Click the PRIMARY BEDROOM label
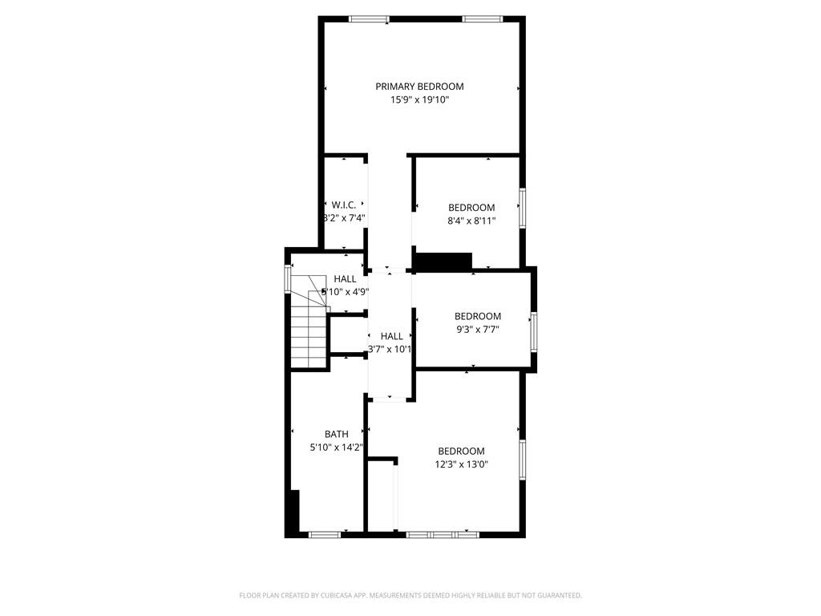pyautogui.click(x=419, y=87)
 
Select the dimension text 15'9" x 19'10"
pyautogui.click(x=419, y=100)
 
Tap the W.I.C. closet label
pyautogui.click(x=344, y=205)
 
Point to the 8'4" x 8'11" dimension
pyautogui.click(x=471, y=221)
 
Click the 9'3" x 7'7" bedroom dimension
pyautogui.click(x=477, y=329)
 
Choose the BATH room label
pyautogui.click(x=336, y=434)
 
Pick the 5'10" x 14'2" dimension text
pyautogui.click(x=336, y=448)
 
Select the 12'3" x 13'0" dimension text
pyautogui.click(x=461, y=464)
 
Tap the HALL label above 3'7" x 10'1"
pyautogui.click(x=391, y=336)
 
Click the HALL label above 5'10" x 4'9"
pyautogui.click(x=346, y=279)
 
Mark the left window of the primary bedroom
pyautogui.click(x=369, y=19)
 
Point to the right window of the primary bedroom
pyautogui.click(x=482, y=19)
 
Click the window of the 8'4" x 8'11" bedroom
pyautogui.click(x=522, y=207)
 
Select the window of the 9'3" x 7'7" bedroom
pyautogui.click(x=533, y=331)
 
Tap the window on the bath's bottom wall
pyautogui.click(x=324, y=534)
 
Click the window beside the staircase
pyautogui.click(x=288, y=278)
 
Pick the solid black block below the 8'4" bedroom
pyautogui.click(x=443, y=261)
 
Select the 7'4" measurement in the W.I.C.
pyautogui.click(x=356, y=217)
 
